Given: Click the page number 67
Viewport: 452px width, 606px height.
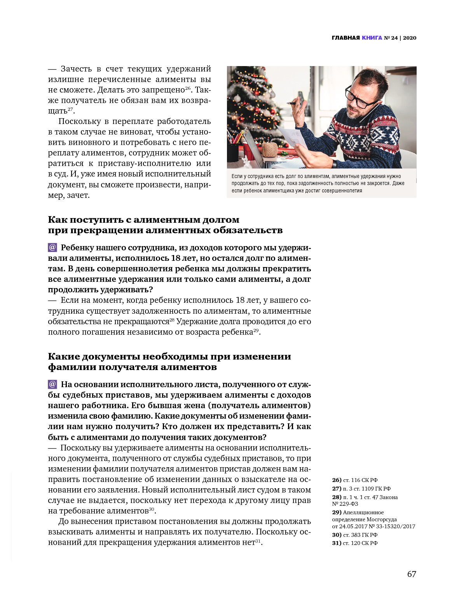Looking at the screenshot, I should click(412, 574).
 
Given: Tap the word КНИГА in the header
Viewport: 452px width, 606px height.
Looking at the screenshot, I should click(372, 38).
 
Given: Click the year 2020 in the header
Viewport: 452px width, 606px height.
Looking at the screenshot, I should click(410, 38).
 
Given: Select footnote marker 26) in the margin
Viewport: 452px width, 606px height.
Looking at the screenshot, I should click(337, 480).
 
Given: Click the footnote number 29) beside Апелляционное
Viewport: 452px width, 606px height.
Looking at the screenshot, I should click(337, 512).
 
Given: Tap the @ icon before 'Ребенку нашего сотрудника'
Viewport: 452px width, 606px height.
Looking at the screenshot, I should click(52, 248).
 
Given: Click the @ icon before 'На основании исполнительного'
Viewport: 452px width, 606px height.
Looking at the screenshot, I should click(52, 384).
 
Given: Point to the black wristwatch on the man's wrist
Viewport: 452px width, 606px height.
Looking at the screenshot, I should click(334, 163).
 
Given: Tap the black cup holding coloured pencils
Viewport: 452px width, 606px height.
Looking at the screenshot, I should click(233, 152).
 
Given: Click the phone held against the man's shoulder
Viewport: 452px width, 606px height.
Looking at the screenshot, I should click(371, 111).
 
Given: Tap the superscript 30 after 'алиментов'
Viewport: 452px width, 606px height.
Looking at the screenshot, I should click(152, 509).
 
